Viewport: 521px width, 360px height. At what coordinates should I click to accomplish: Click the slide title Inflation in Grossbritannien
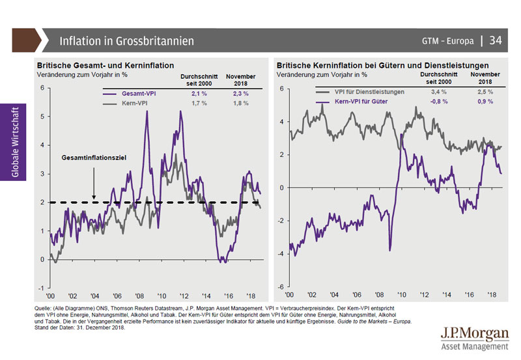pos(126,41)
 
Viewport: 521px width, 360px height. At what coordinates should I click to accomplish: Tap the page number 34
pos(496,40)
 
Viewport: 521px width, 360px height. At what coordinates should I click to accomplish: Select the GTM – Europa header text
pos(448,41)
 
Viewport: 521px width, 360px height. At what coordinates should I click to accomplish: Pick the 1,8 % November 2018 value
pos(240,104)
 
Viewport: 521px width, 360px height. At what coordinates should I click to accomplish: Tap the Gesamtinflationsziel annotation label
pos(93,158)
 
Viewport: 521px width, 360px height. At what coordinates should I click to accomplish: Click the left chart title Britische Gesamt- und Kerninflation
pos(105,65)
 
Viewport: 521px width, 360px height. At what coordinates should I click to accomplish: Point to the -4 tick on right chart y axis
pos(280,254)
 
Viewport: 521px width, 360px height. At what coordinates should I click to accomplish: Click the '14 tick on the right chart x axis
pos(446,295)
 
